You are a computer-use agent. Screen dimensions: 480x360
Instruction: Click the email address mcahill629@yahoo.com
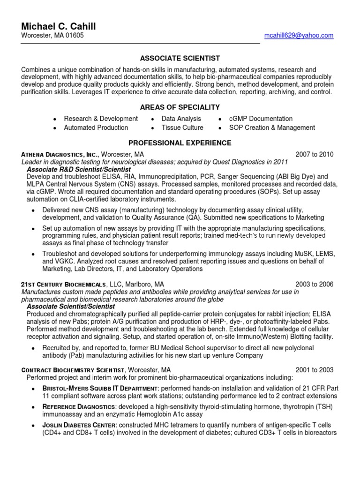(x=299, y=36)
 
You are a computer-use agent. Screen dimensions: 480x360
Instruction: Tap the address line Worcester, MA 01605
(x=52, y=36)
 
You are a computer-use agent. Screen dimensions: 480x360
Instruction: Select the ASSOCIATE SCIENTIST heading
(x=180, y=58)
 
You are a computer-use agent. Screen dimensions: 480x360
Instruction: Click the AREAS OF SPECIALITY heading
(x=180, y=107)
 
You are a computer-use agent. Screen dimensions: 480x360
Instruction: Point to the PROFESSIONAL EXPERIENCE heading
(x=180, y=143)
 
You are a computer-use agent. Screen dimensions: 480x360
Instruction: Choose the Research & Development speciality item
(x=101, y=119)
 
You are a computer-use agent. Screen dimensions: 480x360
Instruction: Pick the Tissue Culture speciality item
(x=182, y=127)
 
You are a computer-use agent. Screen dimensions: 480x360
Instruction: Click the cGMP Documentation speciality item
(x=261, y=119)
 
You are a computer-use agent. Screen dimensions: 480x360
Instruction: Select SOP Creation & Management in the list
(x=272, y=127)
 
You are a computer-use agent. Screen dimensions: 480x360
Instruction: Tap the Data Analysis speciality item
(x=181, y=119)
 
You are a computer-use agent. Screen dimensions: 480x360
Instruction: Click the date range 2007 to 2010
(x=314, y=154)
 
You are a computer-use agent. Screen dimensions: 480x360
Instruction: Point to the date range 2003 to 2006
(x=314, y=284)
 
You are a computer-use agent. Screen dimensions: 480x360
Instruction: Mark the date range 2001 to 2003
(x=314, y=370)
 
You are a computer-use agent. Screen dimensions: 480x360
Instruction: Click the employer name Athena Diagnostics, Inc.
(x=60, y=154)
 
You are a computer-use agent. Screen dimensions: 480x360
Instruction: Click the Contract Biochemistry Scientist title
(x=73, y=370)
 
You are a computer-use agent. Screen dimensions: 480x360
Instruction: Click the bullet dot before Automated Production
(x=55, y=128)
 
